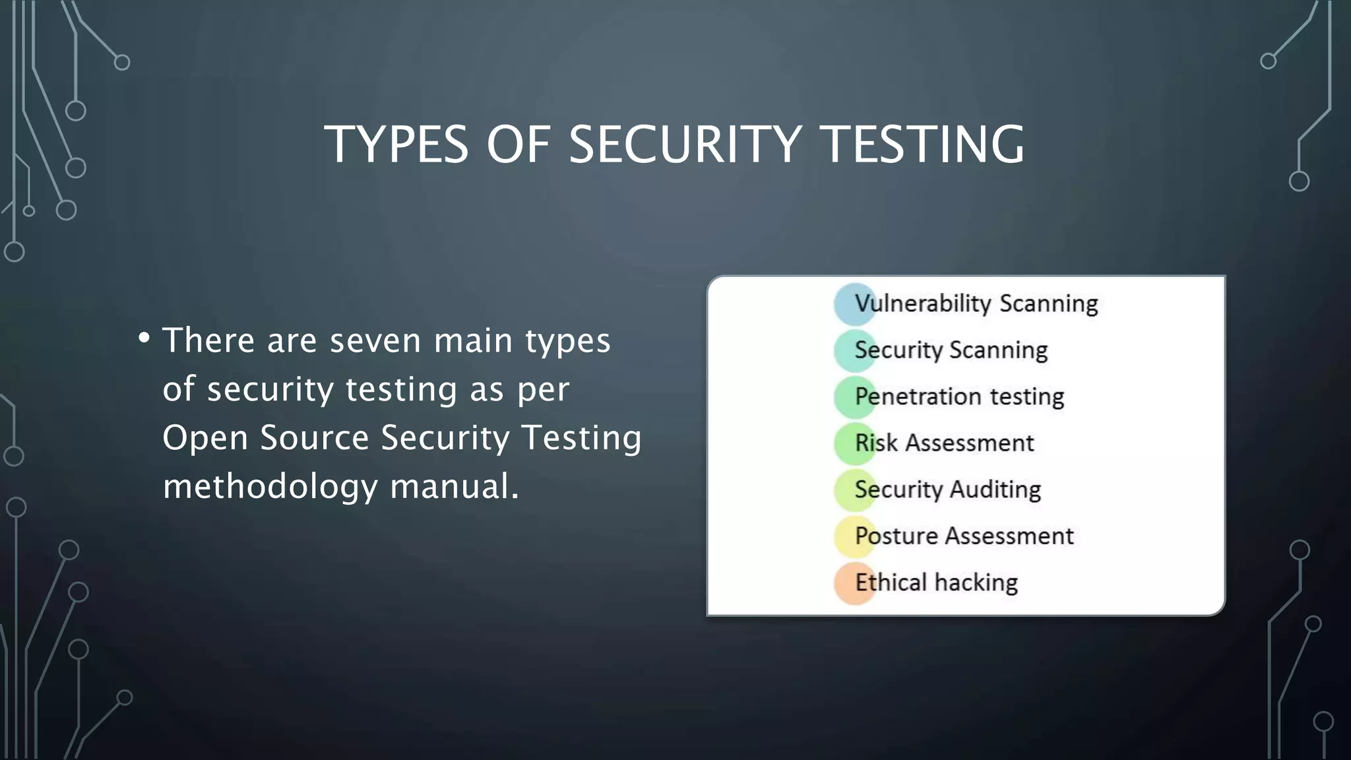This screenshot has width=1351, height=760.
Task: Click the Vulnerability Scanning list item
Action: pos(976,303)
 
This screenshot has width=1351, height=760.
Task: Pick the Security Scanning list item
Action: pos(951,350)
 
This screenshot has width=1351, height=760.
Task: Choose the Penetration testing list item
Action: pos(959,396)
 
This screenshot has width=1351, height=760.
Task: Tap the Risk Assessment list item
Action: pos(944,443)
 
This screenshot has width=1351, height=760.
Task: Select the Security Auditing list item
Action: pos(947,490)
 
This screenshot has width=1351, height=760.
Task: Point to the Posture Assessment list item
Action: pos(964,536)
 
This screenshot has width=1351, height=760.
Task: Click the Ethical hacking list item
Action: pos(936,583)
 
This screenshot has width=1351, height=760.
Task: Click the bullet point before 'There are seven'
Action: pos(144,338)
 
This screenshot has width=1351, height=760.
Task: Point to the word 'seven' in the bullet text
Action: pos(375,341)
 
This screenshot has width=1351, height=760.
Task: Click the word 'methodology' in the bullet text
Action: pos(270,487)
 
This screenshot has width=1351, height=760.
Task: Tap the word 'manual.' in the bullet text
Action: pos(455,486)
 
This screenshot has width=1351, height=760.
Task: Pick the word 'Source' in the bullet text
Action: pos(314,438)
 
